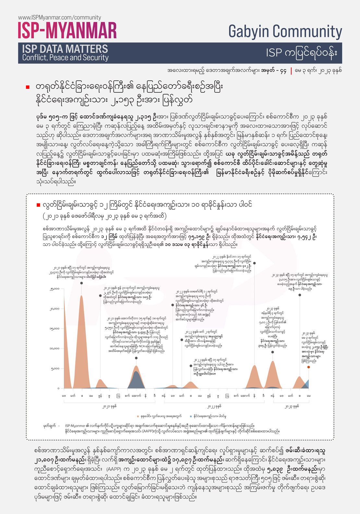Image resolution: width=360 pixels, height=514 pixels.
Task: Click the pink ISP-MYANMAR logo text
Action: point(67,31)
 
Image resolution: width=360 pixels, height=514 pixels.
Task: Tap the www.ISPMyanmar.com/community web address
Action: point(59,18)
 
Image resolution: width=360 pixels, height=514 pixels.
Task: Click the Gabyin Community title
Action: point(285,31)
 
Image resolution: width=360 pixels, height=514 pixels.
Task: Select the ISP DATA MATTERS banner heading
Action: point(65,49)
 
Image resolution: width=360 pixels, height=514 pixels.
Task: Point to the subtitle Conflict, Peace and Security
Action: point(65,58)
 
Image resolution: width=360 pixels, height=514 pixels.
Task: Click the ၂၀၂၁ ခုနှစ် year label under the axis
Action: point(109,406)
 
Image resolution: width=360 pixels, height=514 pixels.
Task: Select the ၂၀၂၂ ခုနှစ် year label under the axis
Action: point(214,406)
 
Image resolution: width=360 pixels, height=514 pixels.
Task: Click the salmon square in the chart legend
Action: point(138,416)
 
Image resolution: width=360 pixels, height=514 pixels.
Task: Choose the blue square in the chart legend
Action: point(191,416)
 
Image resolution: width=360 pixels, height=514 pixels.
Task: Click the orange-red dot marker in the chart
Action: point(308,367)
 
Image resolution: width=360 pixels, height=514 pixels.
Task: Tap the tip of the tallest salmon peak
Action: point(81,296)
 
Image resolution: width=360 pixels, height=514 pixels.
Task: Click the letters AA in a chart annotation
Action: point(200,314)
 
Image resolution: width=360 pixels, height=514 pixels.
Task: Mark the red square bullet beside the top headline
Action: point(28,87)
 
